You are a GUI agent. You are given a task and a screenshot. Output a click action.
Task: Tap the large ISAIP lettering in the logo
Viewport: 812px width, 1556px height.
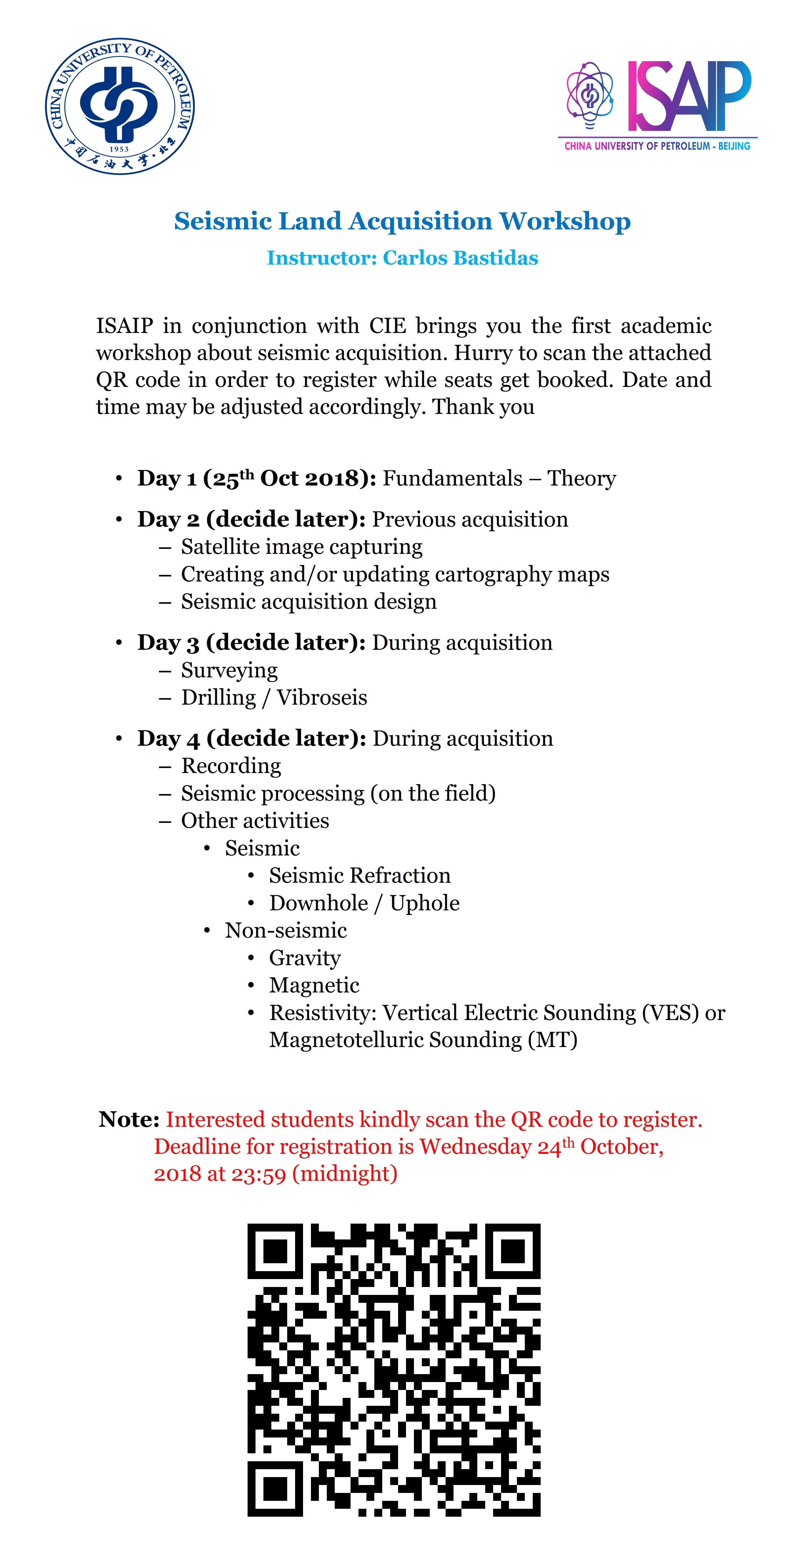click(689, 97)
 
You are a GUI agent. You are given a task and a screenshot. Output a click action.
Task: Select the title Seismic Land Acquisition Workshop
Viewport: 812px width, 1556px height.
click(402, 221)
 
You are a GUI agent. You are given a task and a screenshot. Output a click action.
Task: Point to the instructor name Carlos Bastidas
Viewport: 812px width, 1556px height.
click(460, 258)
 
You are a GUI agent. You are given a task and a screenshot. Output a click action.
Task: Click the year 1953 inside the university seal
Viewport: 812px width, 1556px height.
click(119, 149)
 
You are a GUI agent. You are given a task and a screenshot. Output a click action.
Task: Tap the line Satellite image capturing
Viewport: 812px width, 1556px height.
click(302, 547)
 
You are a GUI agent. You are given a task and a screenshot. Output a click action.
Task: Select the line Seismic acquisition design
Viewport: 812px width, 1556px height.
click(309, 602)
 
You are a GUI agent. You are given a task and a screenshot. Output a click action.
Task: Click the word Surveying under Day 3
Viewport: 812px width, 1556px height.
click(230, 670)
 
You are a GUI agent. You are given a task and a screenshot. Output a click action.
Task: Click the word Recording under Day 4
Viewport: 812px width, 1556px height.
click(231, 766)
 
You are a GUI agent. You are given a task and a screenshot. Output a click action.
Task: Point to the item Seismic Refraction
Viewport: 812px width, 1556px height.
click(359, 875)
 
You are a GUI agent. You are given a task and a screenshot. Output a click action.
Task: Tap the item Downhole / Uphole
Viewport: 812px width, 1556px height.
click(364, 903)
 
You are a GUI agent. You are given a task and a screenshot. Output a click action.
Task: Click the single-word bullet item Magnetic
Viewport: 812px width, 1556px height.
click(314, 985)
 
